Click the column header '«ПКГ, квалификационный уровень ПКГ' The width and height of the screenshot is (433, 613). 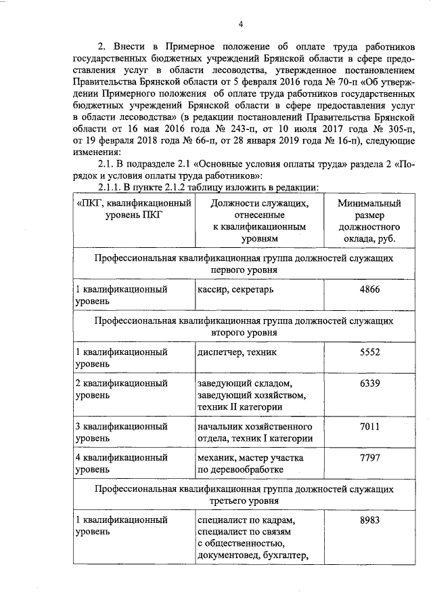pos(133,209)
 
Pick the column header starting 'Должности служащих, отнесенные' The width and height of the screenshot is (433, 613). pos(260,221)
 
